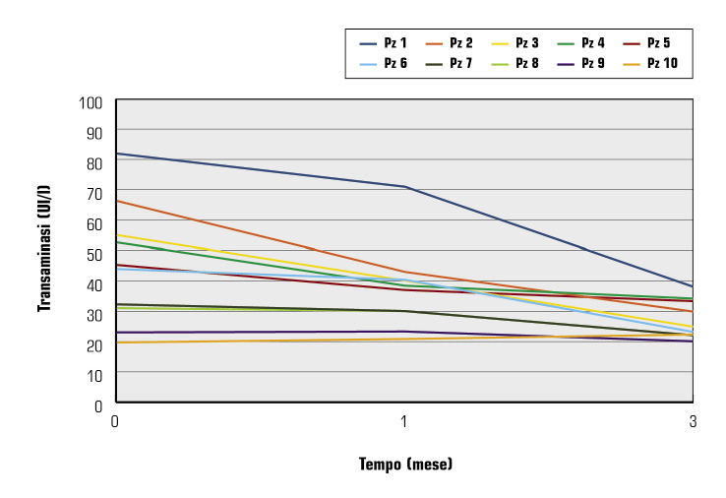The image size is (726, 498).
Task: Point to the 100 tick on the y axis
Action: point(91,101)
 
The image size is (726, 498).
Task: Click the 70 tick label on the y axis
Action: point(94,194)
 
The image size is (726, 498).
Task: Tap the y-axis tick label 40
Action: point(94,284)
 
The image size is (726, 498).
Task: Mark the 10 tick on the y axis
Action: point(94,375)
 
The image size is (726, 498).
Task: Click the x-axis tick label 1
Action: point(404,421)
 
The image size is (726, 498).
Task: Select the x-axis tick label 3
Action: point(693,421)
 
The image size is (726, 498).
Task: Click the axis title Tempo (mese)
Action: point(404,463)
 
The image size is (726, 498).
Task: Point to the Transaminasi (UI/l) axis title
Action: point(44,252)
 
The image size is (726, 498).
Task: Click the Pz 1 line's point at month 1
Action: point(404,186)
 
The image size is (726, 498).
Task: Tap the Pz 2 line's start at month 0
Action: point(116,201)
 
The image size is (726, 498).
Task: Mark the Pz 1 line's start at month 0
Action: point(116,154)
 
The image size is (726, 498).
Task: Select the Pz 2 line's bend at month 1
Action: point(404,272)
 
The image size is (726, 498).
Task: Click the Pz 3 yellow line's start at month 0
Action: point(116,235)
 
